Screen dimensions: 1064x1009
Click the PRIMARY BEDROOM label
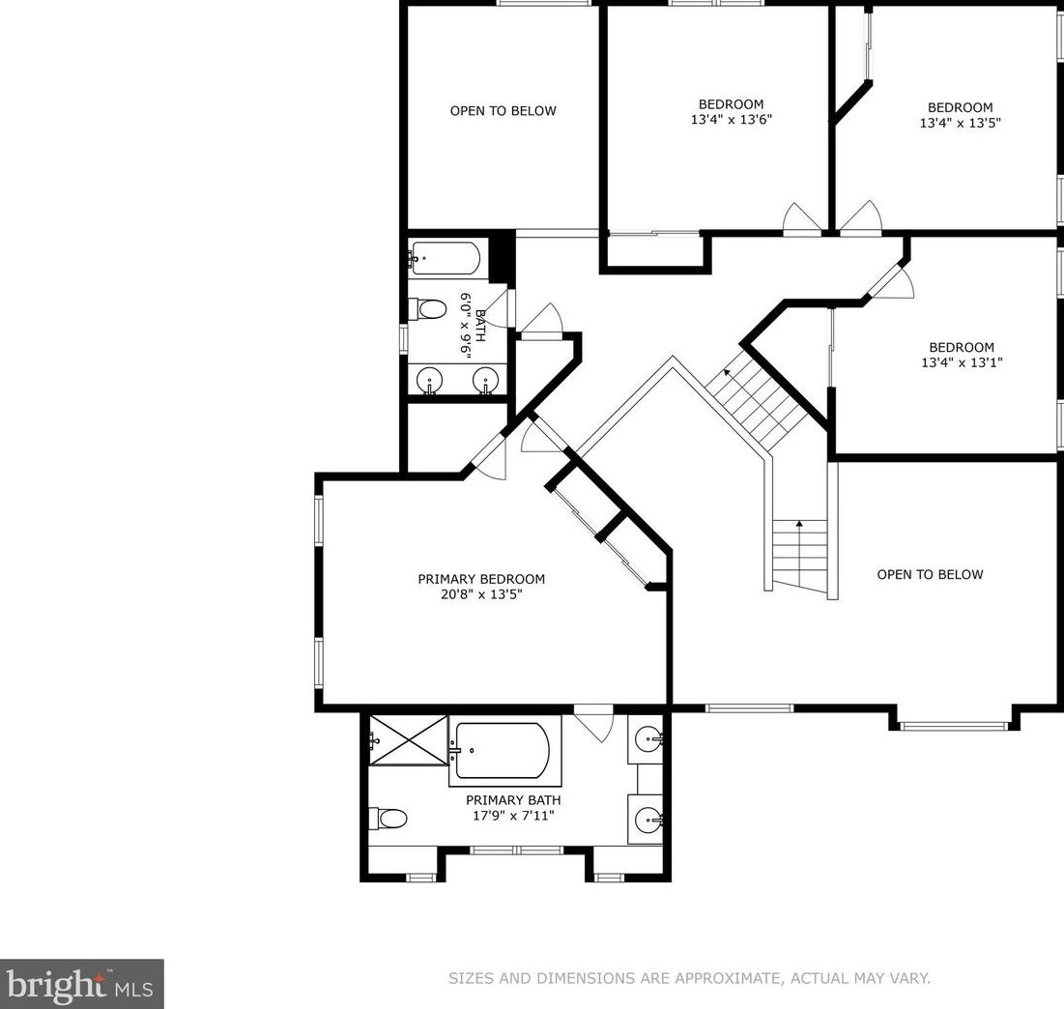click(x=481, y=579)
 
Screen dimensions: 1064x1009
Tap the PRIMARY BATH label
click(x=513, y=800)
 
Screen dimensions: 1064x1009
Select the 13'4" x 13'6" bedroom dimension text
click(x=732, y=120)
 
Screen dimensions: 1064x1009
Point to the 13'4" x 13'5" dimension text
click(x=961, y=123)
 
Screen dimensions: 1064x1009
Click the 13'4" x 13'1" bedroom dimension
click(x=962, y=362)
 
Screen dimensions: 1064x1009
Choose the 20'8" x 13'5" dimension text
click(x=481, y=594)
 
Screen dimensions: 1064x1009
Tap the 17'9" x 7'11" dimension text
click(x=513, y=816)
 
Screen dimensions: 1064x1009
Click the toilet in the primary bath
click(x=388, y=818)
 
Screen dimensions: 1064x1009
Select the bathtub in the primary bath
click(x=503, y=751)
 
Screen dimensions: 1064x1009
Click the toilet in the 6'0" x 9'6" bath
click(x=427, y=309)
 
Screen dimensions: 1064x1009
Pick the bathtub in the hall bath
click(x=446, y=258)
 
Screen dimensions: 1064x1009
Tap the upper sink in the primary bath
click(x=650, y=738)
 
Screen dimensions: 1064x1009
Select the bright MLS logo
click(x=81, y=984)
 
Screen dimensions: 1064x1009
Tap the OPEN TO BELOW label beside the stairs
click(x=930, y=575)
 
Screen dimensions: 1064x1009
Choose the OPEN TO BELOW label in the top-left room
click(x=503, y=111)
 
